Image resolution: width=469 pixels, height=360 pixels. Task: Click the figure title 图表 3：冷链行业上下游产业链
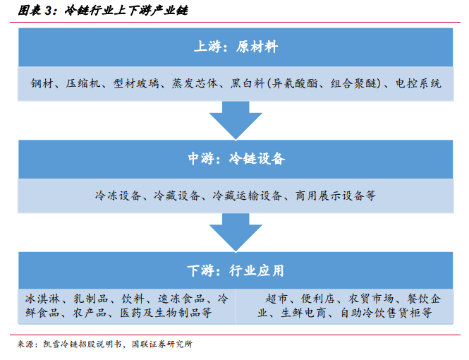tap(103, 11)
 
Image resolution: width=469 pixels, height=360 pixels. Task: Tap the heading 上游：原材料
tap(236, 47)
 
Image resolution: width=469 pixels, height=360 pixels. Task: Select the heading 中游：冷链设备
tap(236, 159)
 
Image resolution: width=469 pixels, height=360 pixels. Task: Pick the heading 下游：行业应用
tap(236, 270)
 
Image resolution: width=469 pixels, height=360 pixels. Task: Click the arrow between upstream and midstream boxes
tap(236, 120)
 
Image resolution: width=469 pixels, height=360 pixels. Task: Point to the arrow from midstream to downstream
tap(236, 232)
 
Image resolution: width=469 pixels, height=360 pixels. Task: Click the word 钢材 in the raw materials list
tap(42, 83)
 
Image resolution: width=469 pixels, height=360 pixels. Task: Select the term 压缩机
tap(83, 83)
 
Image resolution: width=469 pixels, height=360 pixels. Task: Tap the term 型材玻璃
tap(136, 83)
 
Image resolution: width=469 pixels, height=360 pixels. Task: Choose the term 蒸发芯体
tap(195, 83)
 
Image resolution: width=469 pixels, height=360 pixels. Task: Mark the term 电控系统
tap(418, 83)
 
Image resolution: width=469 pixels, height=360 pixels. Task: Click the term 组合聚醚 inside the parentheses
tap(353, 83)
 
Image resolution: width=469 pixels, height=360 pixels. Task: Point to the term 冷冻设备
tap(118, 196)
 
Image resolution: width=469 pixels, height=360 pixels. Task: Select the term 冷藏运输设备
tap(248, 196)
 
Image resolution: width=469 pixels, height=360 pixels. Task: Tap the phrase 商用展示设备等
tap(335, 196)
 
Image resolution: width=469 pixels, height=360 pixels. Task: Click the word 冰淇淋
tap(42, 299)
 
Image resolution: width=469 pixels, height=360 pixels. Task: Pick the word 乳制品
tap(91, 299)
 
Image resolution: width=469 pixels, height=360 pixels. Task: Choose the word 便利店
tap(318, 299)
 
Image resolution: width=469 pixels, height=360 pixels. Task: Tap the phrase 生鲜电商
tap(303, 313)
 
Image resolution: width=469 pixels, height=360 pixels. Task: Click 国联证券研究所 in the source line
tap(162, 344)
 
